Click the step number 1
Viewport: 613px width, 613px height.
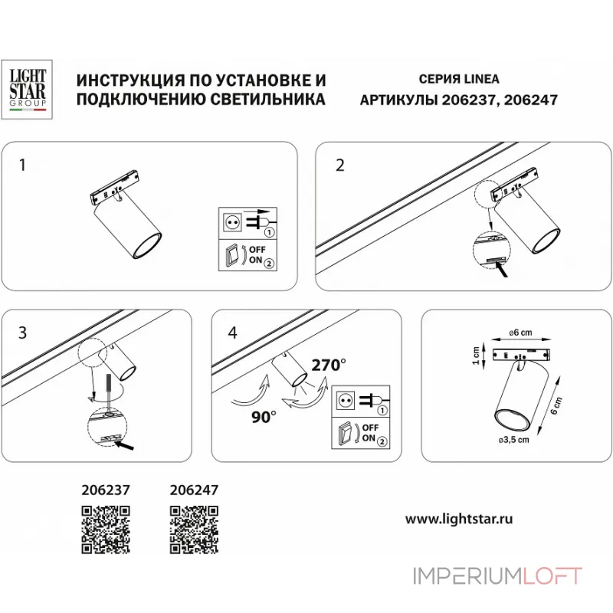[x=23, y=165]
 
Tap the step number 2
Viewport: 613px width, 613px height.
[x=340, y=165]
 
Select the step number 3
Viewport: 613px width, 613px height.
[x=23, y=332]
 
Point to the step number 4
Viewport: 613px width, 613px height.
[x=233, y=332]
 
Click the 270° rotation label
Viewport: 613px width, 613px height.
[x=328, y=366]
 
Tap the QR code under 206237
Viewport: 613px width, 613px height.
[x=105, y=529]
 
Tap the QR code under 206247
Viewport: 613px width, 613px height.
[x=193, y=529]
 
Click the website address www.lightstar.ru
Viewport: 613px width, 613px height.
[x=458, y=518]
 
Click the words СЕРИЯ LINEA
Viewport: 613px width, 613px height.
[x=457, y=79]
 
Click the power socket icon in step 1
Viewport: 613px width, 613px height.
[x=231, y=221]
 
